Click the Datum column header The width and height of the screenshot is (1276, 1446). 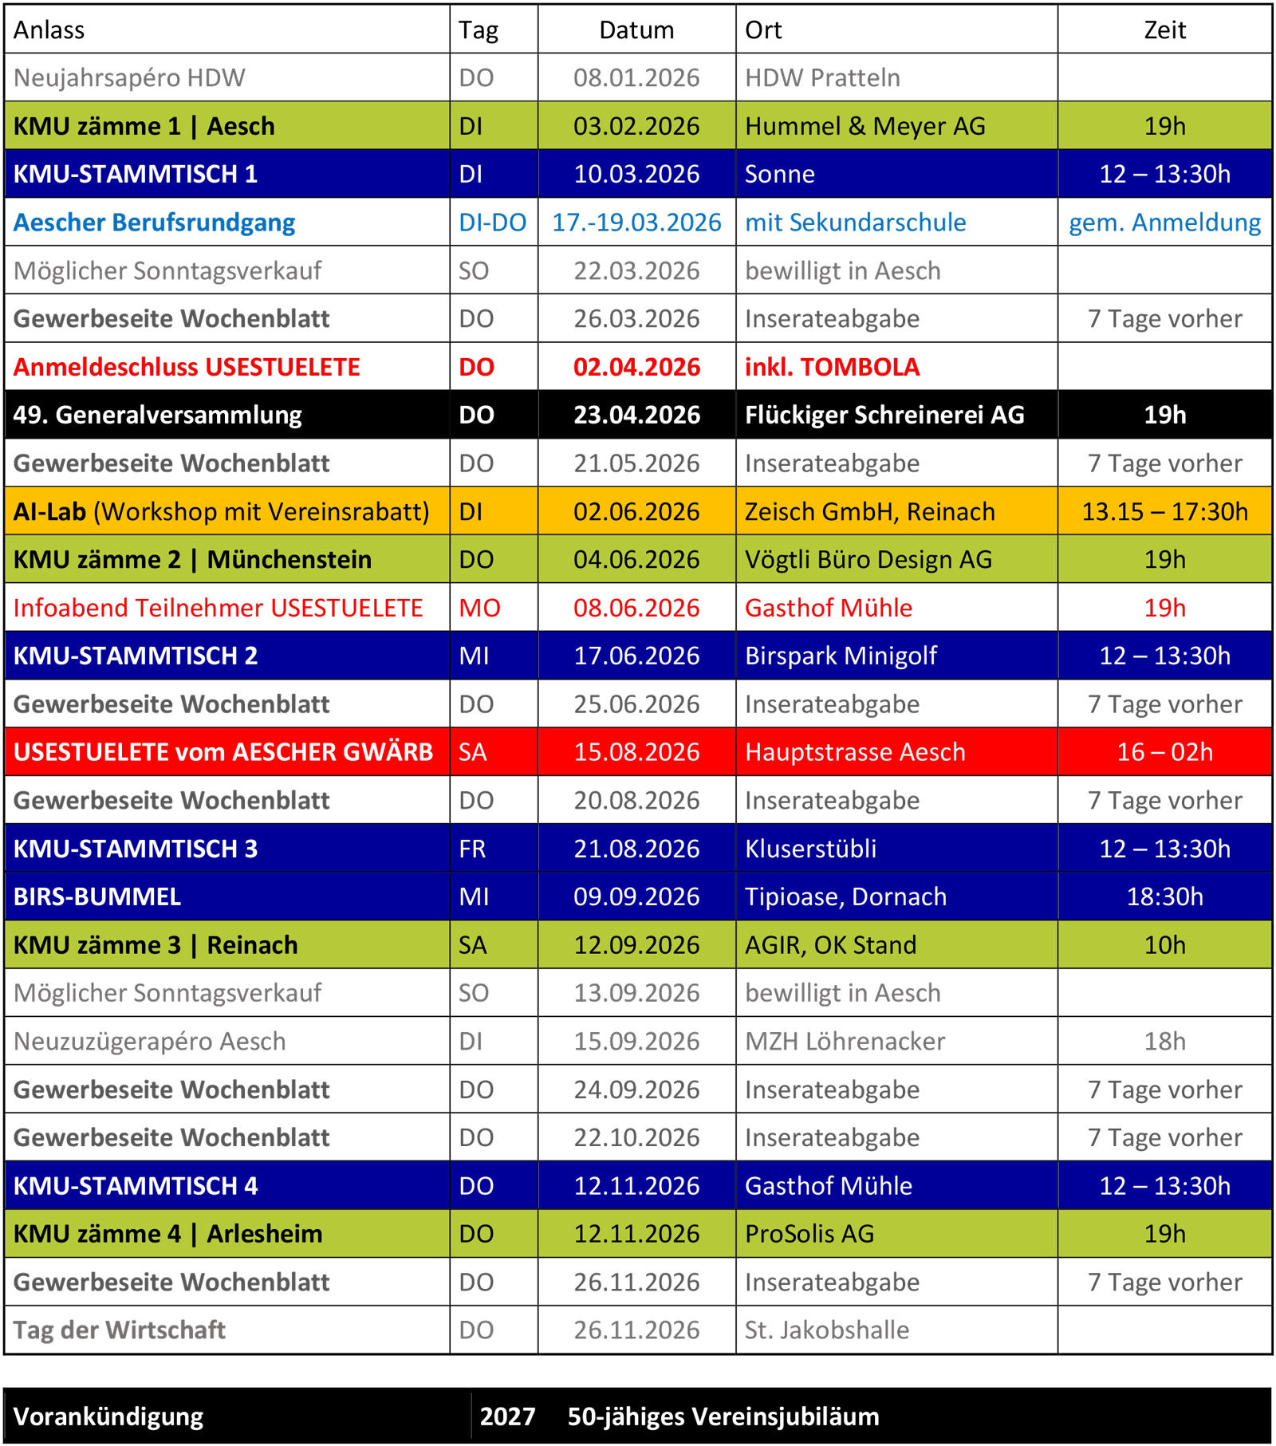[636, 30]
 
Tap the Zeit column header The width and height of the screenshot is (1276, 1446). [1164, 30]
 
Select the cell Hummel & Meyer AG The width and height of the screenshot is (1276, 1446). [864, 126]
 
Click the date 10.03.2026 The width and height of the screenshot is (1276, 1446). [636, 174]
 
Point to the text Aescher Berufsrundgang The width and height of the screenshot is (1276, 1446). [154, 223]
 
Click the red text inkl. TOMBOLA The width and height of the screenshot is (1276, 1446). [832, 367]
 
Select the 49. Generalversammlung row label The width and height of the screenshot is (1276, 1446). [157, 415]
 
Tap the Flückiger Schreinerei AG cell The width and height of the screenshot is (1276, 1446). [884, 415]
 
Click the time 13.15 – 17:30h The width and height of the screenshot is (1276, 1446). [1164, 511]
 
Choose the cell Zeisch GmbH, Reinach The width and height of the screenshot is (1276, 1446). [869, 511]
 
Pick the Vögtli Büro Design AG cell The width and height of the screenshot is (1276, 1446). [868, 560]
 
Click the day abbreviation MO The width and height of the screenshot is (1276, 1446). [479, 608]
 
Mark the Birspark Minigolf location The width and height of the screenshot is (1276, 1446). [841, 656]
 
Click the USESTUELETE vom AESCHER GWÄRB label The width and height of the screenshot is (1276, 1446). [223, 752]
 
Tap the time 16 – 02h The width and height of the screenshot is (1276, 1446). [1164, 752]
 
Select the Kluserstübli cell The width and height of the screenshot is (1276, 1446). [810, 849]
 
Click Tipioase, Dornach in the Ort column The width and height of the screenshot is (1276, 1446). [845, 896]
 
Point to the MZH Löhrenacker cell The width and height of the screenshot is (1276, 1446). [845, 1041]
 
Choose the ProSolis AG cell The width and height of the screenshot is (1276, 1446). [809, 1234]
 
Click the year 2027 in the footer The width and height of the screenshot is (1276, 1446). [507, 1416]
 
